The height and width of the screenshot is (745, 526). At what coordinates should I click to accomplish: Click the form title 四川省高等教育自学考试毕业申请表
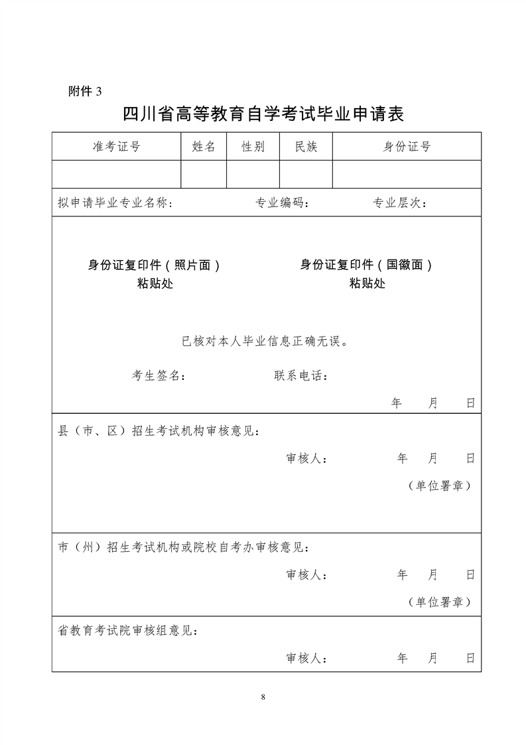click(x=263, y=115)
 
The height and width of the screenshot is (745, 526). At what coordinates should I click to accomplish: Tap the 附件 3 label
click(x=86, y=92)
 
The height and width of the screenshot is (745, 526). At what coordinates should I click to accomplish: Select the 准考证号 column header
click(x=116, y=147)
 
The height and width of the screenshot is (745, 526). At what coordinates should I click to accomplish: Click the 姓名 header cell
click(x=204, y=147)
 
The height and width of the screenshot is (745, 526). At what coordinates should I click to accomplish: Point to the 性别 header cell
click(x=253, y=147)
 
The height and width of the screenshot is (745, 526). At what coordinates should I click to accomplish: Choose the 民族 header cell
click(x=306, y=147)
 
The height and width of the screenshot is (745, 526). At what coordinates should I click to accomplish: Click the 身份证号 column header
click(x=407, y=147)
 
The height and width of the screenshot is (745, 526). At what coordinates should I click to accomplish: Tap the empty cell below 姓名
click(x=204, y=174)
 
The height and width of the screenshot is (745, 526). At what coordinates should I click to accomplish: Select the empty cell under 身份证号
click(x=407, y=174)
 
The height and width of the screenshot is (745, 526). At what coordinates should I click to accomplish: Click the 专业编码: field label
click(x=282, y=203)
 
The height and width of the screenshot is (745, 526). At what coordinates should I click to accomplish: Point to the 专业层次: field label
click(x=400, y=203)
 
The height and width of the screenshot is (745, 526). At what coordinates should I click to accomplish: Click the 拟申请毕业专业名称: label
click(x=115, y=203)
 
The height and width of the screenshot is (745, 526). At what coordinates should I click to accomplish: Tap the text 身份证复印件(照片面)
click(x=155, y=265)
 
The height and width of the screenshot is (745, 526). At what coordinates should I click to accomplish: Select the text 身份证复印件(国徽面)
click(x=367, y=265)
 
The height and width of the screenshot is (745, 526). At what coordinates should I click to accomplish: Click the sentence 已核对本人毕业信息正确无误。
click(x=265, y=342)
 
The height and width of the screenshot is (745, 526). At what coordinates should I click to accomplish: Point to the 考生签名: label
click(x=159, y=376)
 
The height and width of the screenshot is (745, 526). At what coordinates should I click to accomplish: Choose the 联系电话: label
click(x=301, y=376)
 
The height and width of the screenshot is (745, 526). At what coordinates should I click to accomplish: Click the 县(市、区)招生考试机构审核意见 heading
click(x=159, y=431)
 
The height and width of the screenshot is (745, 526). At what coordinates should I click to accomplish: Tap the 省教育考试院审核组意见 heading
click(x=127, y=631)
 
